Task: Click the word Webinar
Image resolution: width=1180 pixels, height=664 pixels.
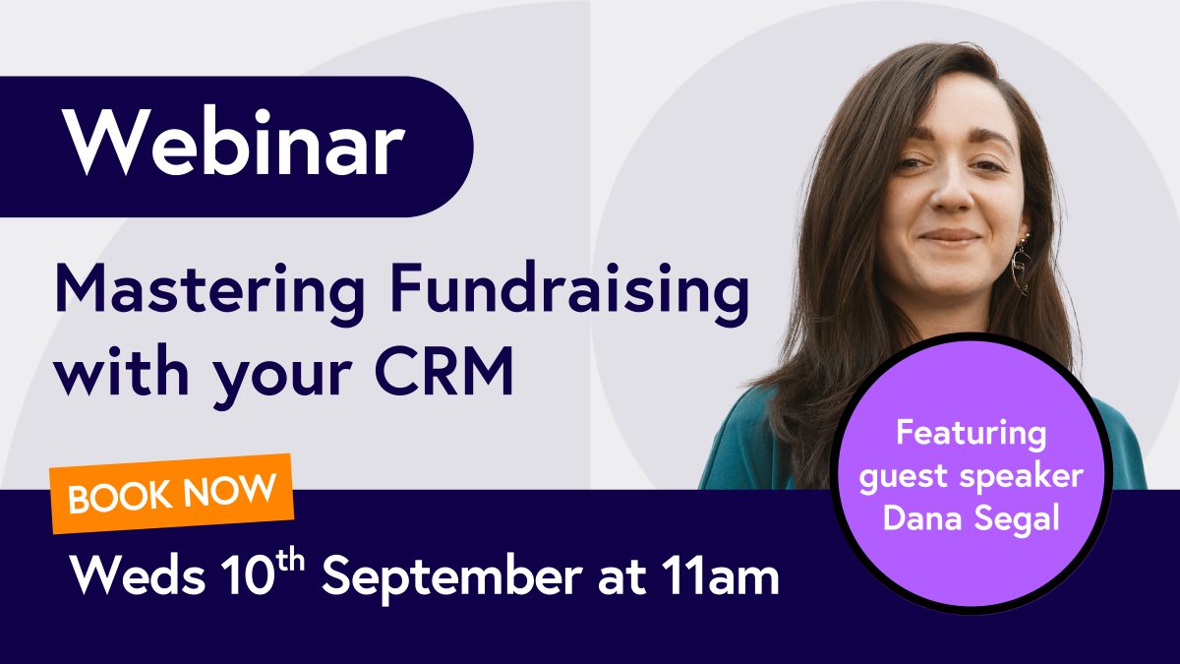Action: tap(235, 145)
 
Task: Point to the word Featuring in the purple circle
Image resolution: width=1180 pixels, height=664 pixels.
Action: tap(970, 434)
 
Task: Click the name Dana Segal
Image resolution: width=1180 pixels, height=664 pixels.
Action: tap(970, 518)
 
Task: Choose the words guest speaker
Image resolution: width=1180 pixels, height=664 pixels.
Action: tap(970, 476)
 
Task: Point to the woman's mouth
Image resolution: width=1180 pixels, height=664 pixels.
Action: tap(950, 237)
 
